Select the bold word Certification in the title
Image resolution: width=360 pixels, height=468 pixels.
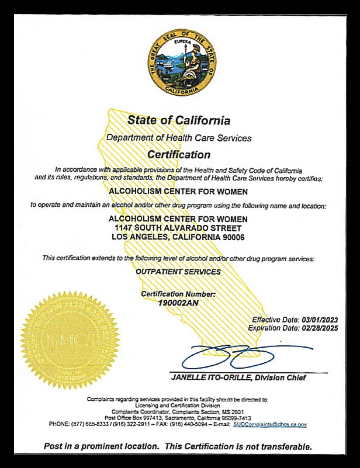178,155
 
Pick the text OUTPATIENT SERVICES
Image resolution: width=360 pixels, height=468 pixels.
178,272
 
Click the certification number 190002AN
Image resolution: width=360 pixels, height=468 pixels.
178,303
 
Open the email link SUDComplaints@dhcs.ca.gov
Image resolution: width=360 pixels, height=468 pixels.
269,425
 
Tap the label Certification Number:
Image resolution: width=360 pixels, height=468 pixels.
178,293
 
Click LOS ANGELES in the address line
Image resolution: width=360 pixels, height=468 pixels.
140,237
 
